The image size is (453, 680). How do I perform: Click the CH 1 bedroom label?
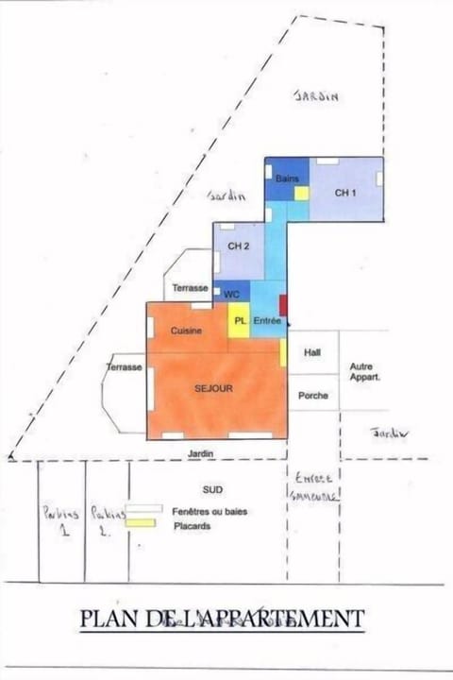pyautogui.click(x=346, y=193)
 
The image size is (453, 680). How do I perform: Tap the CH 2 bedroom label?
pyautogui.click(x=239, y=246)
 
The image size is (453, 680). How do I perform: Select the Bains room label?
pyautogui.click(x=287, y=178)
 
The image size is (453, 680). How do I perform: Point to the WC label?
pyautogui.click(x=231, y=295)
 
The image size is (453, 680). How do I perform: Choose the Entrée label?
pyautogui.click(x=268, y=321)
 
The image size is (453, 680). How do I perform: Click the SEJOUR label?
pyautogui.click(x=214, y=387)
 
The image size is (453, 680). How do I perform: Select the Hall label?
pyautogui.click(x=312, y=352)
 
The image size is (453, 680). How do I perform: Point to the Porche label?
pyautogui.click(x=312, y=395)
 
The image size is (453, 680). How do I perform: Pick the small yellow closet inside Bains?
pyautogui.click(x=301, y=193)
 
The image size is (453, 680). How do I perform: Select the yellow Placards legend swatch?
pyautogui.click(x=142, y=524)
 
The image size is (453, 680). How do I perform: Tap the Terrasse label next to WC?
pyautogui.click(x=190, y=287)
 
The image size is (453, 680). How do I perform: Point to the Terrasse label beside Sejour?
pyautogui.click(x=124, y=366)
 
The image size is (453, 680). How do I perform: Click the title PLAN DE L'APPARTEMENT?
pyautogui.click(x=222, y=619)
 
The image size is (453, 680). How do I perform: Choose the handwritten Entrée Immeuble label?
pyautogui.click(x=312, y=485)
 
